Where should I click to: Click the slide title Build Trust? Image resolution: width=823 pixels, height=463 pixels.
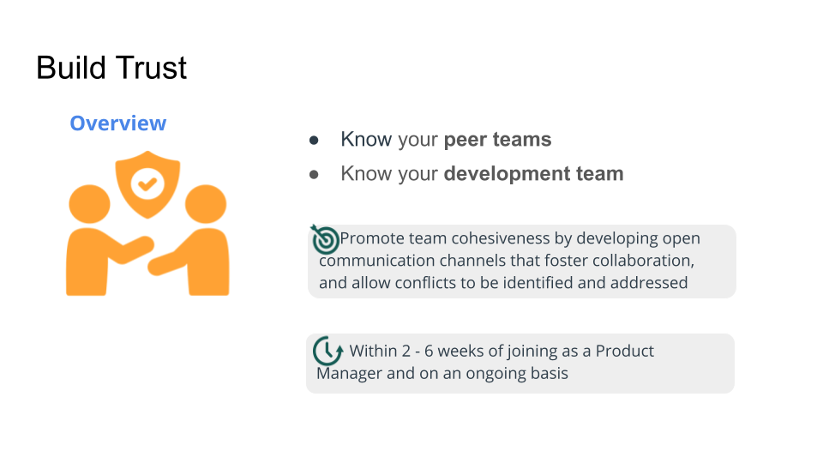111,68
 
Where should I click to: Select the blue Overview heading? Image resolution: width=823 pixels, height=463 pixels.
118,123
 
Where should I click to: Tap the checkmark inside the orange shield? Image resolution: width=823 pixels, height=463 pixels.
147,183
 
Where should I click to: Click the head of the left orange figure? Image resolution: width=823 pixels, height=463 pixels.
90,205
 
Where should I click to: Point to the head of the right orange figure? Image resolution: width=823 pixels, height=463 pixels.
206,205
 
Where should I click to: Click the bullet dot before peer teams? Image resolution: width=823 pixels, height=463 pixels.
314,140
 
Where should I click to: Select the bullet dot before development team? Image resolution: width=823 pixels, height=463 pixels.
314,174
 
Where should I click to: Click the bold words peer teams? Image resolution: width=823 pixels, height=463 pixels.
497,140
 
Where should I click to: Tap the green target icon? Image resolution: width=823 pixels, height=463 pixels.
325,239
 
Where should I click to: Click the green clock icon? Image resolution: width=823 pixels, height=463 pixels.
328,351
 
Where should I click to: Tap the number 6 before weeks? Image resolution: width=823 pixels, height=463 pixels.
429,352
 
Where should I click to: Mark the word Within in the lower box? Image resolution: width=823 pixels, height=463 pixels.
373,352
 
